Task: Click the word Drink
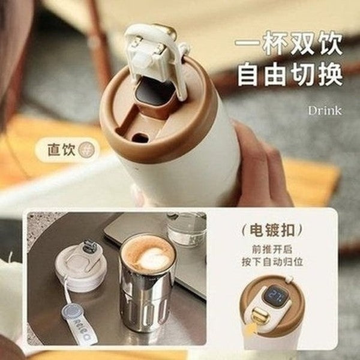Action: click(325, 110)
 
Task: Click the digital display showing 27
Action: click(278, 294)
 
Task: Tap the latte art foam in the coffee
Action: click(148, 253)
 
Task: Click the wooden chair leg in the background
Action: click(99, 42)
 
